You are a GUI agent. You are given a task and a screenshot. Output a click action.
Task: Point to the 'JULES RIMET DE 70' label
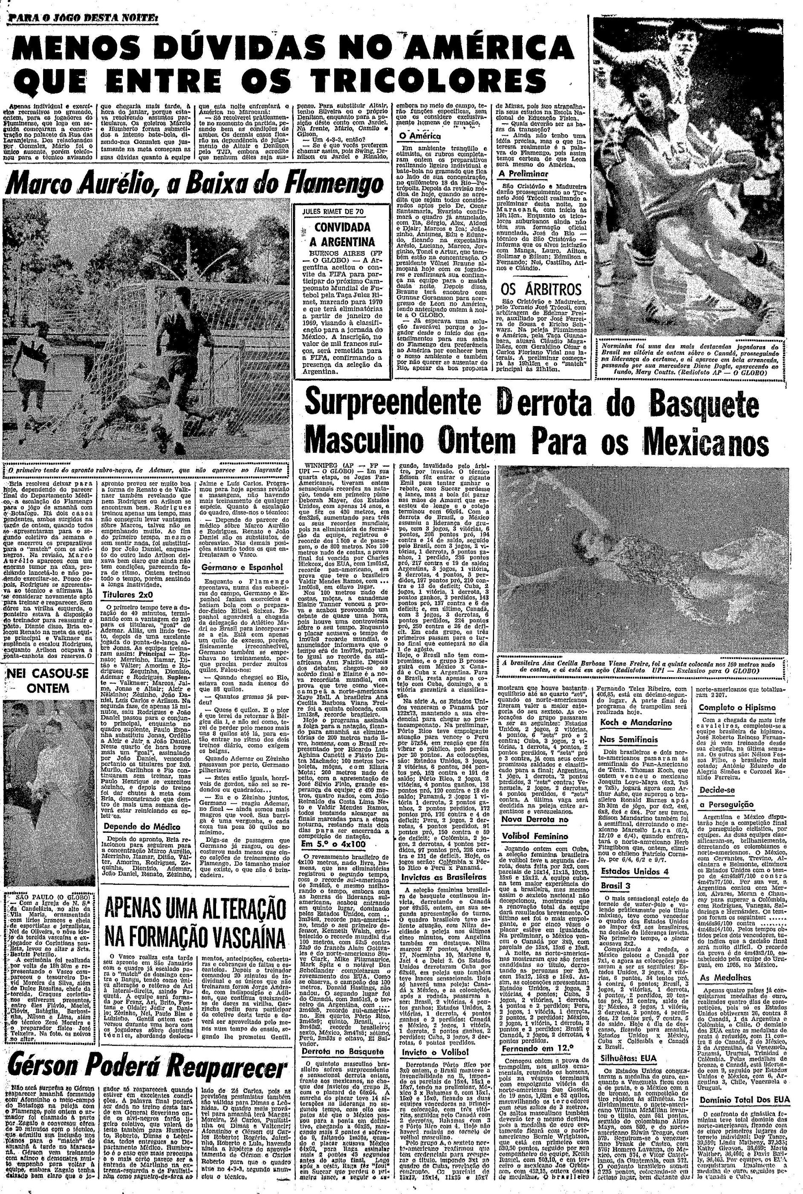pyautogui.click(x=343, y=211)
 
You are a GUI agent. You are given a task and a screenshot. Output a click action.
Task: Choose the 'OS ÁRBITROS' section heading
pyautogui.click(x=541, y=290)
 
